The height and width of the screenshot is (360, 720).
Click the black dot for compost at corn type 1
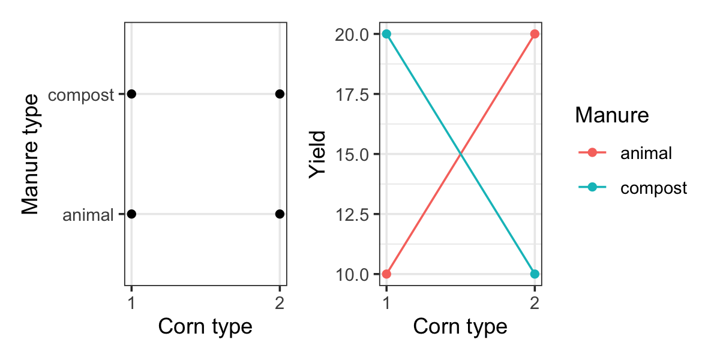pos(132,94)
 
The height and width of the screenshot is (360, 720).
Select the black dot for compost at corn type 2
pos(280,94)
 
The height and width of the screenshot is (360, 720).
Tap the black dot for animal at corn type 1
pos(132,214)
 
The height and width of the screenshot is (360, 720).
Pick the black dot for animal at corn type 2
pos(280,214)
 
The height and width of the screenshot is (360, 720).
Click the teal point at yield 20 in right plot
pos(386,34)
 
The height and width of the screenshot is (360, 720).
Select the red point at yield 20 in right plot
pos(535,34)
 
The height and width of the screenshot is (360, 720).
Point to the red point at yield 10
pos(386,274)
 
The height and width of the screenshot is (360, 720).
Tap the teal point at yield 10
pos(535,274)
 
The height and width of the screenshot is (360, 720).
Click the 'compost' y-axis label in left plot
pos(81,95)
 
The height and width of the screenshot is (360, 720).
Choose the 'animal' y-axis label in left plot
pos(88,215)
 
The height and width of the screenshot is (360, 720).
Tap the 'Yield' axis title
pos(317,154)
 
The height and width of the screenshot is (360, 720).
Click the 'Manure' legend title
pos(611,115)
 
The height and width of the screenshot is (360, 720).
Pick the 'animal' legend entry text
pos(646,153)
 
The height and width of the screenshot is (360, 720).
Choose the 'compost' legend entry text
pos(653,188)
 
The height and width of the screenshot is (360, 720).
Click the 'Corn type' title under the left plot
pos(205,326)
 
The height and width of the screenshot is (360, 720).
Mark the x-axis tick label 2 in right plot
pos(535,303)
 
